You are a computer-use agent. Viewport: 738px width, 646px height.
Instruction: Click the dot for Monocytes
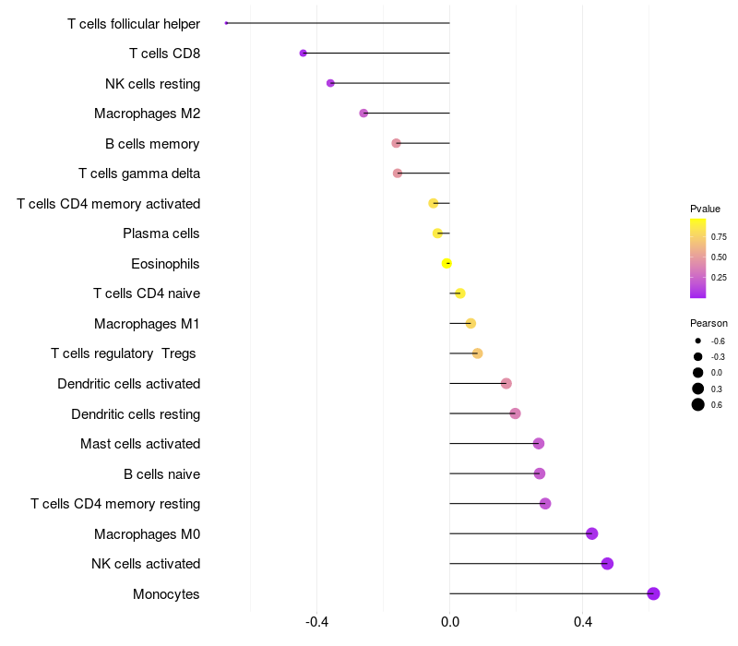point(653,593)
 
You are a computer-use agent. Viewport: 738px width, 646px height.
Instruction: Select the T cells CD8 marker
point(304,54)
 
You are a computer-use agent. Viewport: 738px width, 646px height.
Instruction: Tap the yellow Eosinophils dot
point(447,263)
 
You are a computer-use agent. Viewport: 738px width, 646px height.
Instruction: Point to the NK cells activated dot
point(607,564)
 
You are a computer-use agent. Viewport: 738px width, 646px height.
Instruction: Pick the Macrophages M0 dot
point(592,533)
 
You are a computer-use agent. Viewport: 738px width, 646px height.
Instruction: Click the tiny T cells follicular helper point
point(226,23)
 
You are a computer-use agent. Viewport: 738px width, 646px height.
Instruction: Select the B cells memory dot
point(396,143)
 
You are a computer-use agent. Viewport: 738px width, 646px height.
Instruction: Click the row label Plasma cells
point(161,233)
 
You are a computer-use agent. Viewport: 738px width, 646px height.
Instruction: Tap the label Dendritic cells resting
point(136,413)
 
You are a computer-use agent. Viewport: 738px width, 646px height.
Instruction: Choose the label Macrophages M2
point(148,114)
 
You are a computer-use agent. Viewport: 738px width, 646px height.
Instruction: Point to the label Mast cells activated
point(140,444)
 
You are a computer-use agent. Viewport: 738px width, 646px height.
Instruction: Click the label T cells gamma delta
point(139,173)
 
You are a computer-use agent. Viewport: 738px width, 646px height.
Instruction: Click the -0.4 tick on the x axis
point(317,622)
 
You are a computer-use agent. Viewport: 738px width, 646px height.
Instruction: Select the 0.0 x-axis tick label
point(450,622)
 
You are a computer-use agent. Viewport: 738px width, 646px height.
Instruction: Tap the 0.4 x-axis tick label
point(583,622)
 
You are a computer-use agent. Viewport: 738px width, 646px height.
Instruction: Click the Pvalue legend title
point(705,209)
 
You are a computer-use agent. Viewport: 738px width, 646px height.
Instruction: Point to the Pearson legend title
point(708,323)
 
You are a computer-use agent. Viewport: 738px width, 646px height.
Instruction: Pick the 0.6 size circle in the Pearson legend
point(698,404)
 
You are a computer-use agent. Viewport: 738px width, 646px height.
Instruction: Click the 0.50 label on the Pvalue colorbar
point(719,257)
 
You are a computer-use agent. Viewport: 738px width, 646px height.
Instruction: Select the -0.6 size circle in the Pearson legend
point(698,341)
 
